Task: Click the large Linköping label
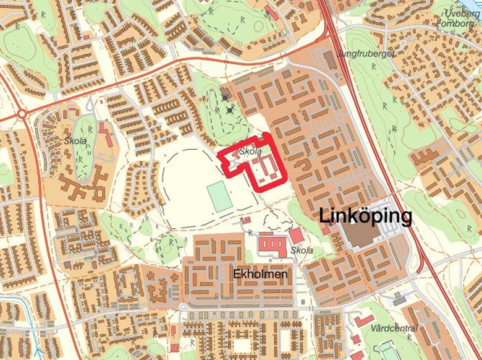click(x=365, y=216)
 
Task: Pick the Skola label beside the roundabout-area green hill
click(x=75, y=140)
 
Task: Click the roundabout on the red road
click(x=22, y=114)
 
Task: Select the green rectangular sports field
click(x=219, y=196)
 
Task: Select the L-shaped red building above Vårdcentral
click(x=363, y=320)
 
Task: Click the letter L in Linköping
click(x=324, y=216)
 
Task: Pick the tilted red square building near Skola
click(x=297, y=236)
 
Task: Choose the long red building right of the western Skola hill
click(x=105, y=134)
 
